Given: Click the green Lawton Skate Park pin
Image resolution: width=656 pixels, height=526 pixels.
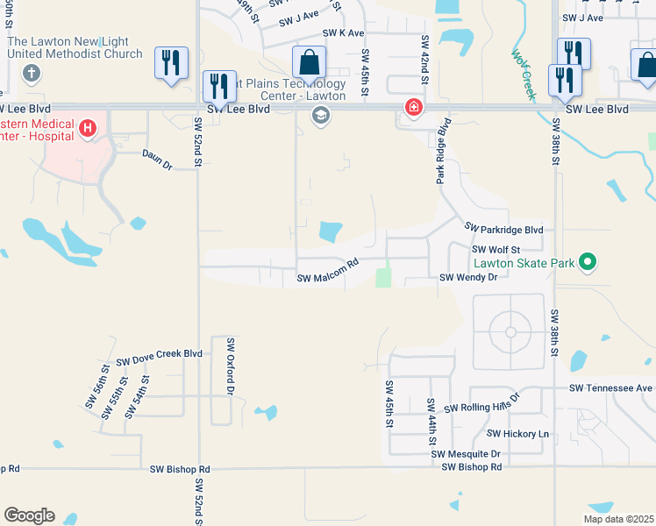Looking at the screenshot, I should pyautogui.click(x=589, y=262).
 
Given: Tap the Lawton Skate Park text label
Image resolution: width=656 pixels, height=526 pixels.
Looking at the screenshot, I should pyautogui.click(x=524, y=263).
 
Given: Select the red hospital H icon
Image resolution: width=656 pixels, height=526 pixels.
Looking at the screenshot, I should pyautogui.click(x=88, y=129).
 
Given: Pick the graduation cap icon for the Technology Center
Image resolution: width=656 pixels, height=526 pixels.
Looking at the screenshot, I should pyautogui.click(x=321, y=115).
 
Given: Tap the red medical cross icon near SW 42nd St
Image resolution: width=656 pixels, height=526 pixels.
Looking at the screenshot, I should pyautogui.click(x=412, y=108).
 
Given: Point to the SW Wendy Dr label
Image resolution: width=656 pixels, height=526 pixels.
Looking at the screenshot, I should pyautogui.click(x=468, y=278).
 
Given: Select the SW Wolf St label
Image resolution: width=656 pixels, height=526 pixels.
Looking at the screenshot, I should pyautogui.click(x=496, y=250).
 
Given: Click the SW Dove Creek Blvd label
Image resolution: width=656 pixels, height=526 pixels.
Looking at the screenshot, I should pyautogui.click(x=159, y=355).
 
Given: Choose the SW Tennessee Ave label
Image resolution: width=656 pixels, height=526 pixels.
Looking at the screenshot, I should pyautogui.click(x=610, y=387).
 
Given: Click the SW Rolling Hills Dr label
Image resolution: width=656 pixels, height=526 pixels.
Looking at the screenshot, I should pyautogui.click(x=481, y=409).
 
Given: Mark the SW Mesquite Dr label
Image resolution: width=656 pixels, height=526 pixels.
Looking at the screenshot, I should pyautogui.click(x=465, y=454).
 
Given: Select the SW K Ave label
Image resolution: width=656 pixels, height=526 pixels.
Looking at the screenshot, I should pyautogui.click(x=343, y=32).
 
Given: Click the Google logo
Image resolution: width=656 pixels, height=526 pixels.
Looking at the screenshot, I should pyautogui.click(x=29, y=515).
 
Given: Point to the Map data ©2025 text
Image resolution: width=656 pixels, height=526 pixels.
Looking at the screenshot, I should pyautogui.click(x=617, y=519).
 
